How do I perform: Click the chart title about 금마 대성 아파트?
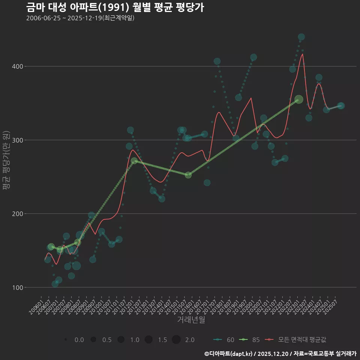(115, 7)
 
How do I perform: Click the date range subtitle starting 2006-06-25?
(80, 18)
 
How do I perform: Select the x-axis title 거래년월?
(191, 320)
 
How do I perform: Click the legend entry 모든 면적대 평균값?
(296, 340)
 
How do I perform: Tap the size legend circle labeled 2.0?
(177, 340)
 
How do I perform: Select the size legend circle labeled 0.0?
(66, 340)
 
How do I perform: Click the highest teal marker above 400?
(301, 37)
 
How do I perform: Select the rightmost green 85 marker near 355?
(298, 99)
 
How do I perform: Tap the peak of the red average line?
(303, 54)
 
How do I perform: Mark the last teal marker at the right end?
(341, 106)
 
